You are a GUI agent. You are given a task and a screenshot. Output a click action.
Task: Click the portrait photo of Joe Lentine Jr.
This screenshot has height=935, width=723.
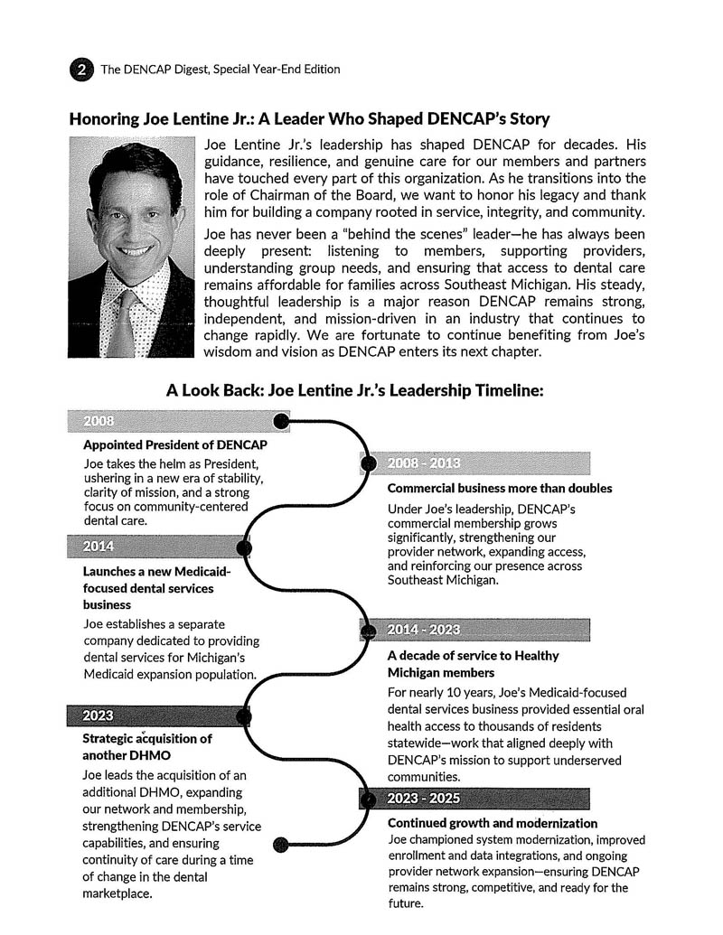[x=131, y=247]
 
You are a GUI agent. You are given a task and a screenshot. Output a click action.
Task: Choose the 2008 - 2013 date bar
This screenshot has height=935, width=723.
[x=474, y=463]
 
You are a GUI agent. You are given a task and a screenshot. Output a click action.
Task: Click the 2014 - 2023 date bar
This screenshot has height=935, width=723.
[x=474, y=630]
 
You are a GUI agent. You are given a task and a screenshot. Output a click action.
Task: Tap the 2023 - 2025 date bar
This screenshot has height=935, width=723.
[x=474, y=799]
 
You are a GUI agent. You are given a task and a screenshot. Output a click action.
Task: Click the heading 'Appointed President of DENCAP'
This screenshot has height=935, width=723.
[x=174, y=445]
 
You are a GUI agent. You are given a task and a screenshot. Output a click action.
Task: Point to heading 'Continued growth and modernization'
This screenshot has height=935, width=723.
[x=493, y=824]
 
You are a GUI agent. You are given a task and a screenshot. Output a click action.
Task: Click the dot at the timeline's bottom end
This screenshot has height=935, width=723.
[x=281, y=845]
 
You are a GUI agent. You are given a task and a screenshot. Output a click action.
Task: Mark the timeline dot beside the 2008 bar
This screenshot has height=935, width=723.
[x=281, y=421]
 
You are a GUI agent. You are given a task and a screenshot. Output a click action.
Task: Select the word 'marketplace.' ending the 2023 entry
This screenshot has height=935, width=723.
[x=117, y=894]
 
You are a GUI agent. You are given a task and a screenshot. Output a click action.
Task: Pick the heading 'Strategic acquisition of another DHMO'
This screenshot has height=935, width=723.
[x=147, y=746]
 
